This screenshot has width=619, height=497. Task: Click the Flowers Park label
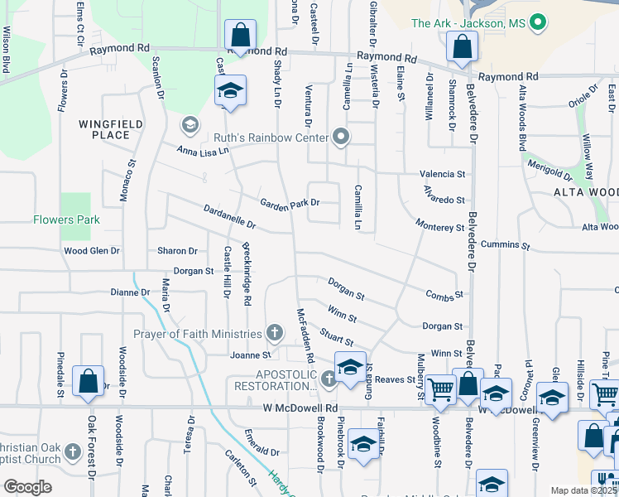click(x=66, y=220)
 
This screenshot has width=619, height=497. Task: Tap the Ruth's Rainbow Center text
click(x=283, y=137)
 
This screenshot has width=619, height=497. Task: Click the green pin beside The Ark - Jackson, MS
click(x=539, y=23)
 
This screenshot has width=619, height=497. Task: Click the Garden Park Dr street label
click(x=290, y=203)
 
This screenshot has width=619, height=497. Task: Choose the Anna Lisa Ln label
click(x=203, y=152)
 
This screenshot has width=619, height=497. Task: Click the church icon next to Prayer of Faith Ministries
click(x=275, y=334)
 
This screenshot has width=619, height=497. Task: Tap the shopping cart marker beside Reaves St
click(x=441, y=388)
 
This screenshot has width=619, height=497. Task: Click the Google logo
click(x=28, y=487)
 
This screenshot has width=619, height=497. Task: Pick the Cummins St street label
click(x=506, y=245)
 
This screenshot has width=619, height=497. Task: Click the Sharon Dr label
click(x=177, y=250)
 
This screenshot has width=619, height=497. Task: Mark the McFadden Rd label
click(x=305, y=336)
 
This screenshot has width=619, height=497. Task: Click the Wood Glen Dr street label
click(x=92, y=250)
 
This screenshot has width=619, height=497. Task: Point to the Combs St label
click(x=444, y=294)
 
